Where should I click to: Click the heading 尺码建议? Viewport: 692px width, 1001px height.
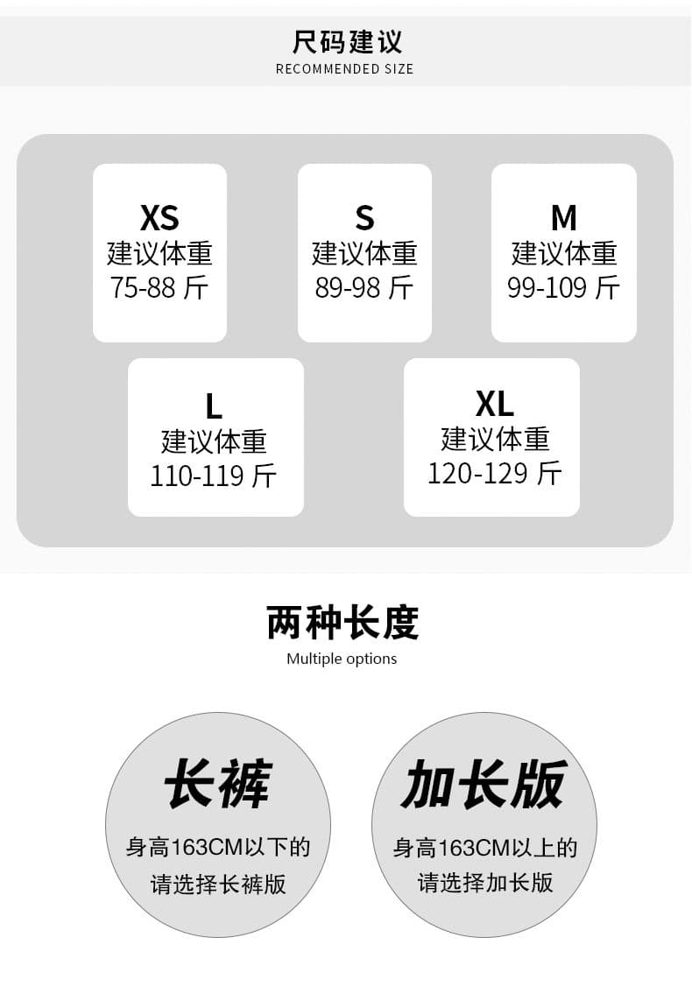pos(347,41)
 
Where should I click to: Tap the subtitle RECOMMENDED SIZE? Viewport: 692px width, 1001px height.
pos(345,69)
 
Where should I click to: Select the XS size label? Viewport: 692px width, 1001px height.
pos(159,218)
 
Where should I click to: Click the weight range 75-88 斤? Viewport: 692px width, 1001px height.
pos(159,287)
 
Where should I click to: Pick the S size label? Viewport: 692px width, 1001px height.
pos(364,218)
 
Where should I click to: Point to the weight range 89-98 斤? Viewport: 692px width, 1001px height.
pos(364,287)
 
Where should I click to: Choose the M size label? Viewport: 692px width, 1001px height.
pos(564,218)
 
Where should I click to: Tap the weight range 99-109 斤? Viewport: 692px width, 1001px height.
pos(564,287)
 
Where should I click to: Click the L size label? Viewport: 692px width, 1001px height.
pos(214,406)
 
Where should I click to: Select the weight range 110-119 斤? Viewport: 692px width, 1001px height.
pos(214,476)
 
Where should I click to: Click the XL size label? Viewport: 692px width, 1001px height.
pos(495,404)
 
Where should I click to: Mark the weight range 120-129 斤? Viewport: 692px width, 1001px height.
pos(495,473)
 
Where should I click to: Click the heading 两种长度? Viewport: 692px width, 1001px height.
pos(342,623)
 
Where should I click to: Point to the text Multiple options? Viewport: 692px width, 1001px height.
pos(342,659)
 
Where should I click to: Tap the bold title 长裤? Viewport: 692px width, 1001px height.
pos(218,783)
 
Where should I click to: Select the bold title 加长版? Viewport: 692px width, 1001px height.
pos(484,783)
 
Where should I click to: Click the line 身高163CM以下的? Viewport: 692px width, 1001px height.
pos(218,847)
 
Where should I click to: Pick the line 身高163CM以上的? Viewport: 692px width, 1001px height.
pos(485,847)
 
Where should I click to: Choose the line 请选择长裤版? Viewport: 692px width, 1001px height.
pos(218,885)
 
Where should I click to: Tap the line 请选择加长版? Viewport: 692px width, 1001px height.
pos(485,883)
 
